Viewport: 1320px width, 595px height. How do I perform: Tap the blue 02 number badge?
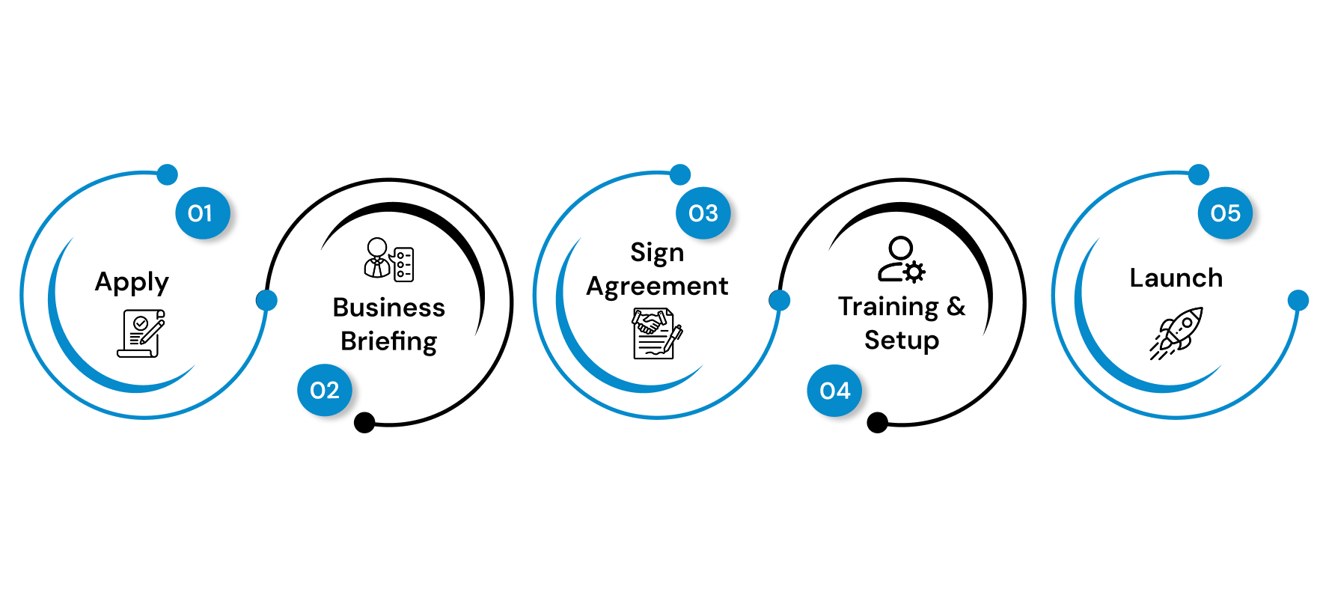325,390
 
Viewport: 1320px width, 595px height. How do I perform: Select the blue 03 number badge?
703,213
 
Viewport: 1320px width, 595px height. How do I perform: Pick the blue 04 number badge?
834,390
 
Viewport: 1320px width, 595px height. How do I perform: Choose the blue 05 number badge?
1225,213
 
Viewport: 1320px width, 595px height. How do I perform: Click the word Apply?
132,282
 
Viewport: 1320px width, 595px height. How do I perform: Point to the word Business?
388,308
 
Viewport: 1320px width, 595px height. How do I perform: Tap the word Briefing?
388,341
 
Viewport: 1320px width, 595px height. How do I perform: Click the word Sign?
656,253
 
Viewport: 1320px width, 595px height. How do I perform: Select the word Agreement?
656,286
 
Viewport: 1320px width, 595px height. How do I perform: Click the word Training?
888,307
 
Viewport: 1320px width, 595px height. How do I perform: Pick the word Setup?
901,341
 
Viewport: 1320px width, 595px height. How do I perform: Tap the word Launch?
1176,278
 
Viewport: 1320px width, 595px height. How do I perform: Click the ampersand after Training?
956,306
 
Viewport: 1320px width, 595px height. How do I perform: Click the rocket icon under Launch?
1176,333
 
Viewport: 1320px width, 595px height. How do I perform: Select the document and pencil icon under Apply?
141,333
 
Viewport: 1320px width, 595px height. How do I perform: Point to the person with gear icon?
902,260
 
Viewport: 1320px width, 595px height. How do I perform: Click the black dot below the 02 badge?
364,423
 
